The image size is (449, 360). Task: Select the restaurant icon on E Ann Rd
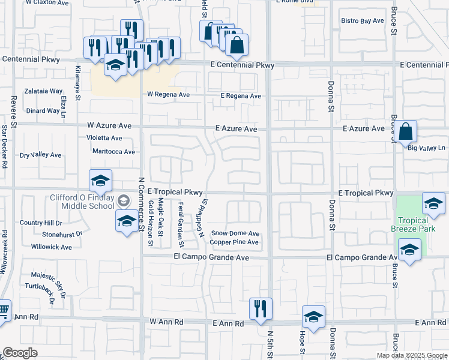(261, 309)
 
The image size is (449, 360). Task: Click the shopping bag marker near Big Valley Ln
(406, 131)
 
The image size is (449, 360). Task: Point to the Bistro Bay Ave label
(362, 21)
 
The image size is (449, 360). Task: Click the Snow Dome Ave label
(235, 233)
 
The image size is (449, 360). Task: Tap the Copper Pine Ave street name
(234, 242)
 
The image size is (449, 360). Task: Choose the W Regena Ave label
(168, 95)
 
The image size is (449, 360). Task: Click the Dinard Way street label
(43, 110)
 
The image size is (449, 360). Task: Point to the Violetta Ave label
(104, 137)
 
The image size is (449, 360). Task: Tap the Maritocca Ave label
(113, 152)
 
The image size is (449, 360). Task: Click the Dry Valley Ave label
(40, 155)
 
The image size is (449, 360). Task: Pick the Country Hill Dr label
(40, 223)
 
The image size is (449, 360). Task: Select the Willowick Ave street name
(52, 247)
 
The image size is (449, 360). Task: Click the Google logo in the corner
(20, 353)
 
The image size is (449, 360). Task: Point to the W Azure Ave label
(109, 126)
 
